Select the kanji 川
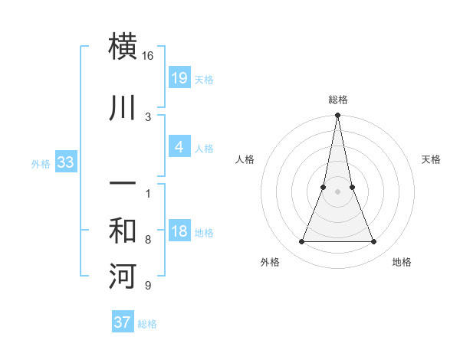[x=123, y=108]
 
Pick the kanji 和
[x=123, y=231]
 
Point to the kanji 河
[x=123, y=276]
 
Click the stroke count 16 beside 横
[x=148, y=56]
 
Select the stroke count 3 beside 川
[x=148, y=117]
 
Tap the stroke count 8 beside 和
[x=148, y=240]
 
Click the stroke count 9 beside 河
[x=148, y=286]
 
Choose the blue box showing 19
[x=179, y=77]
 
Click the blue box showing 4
[x=179, y=147]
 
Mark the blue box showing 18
[x=179, y=231]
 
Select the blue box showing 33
[x=65, y=162]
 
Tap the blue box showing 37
[x=122, y=322]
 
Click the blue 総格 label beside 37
[x=147, y=324]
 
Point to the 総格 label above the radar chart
[x=338, y=100]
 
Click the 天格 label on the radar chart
[x=432, y=159]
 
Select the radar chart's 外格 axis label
[x=270, y=262]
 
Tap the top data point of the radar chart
[x=338, y=116]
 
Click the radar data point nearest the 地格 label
[x=374, y=242]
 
